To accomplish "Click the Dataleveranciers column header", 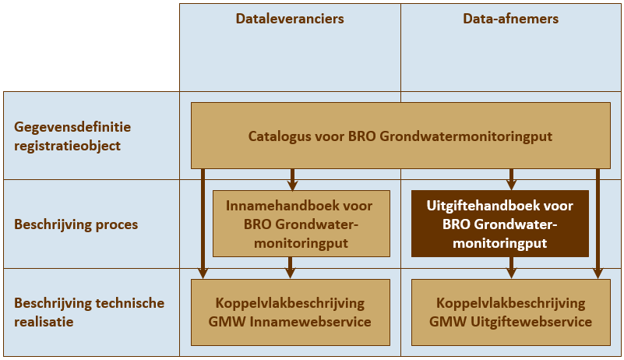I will coord(290,19).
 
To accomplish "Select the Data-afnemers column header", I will coord(510,19).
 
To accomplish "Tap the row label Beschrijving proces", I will coord(76,224).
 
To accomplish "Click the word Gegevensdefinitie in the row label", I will coord(72,127).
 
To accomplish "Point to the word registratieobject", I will coord(67,145).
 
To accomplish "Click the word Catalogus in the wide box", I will coord(278,136).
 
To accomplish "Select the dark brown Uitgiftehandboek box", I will coord(499,224).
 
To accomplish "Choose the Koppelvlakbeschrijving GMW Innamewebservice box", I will coord(291,312).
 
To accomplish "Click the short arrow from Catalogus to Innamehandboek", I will coord(291,179).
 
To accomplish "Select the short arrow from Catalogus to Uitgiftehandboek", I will coord(512,179).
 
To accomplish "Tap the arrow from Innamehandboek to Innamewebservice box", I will coord(291,267).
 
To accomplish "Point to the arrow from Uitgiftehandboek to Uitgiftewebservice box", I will coord(512,267).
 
